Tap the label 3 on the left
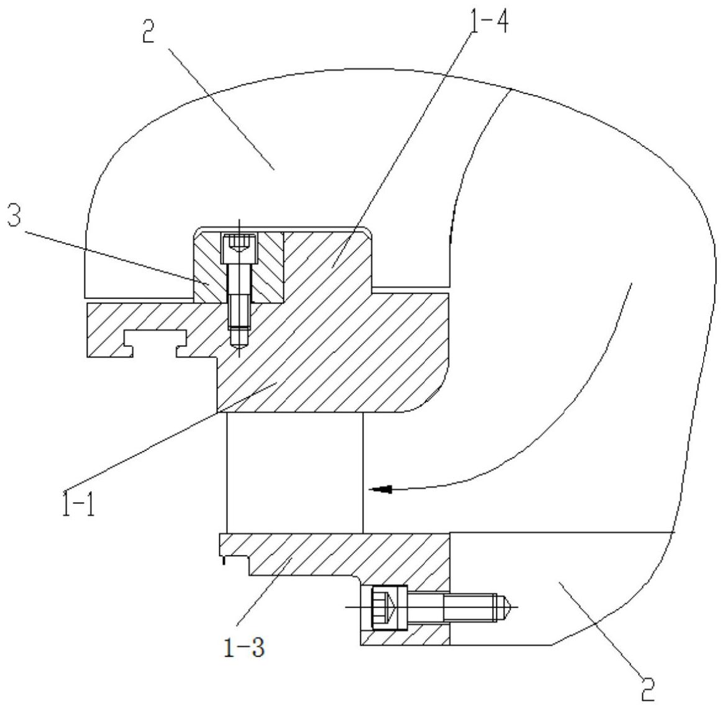point(14,215)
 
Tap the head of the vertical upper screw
point(239,249)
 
